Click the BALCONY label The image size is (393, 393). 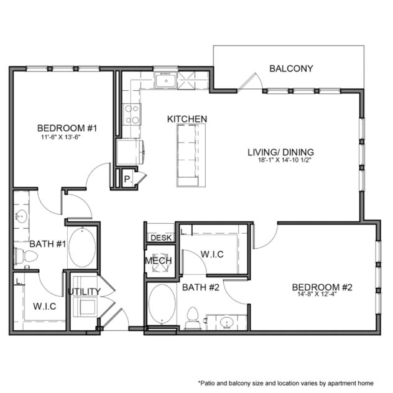point(290,68)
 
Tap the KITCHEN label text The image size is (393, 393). point(187,119)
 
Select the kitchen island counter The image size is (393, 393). point(190,155)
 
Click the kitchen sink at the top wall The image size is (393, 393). point(165,80)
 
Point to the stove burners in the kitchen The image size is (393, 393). point(132,114)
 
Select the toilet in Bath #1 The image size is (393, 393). point(22,256)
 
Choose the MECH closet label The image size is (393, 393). point(159,261)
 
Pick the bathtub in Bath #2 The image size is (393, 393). point(163,303)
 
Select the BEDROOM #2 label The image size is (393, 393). point(322,287)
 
